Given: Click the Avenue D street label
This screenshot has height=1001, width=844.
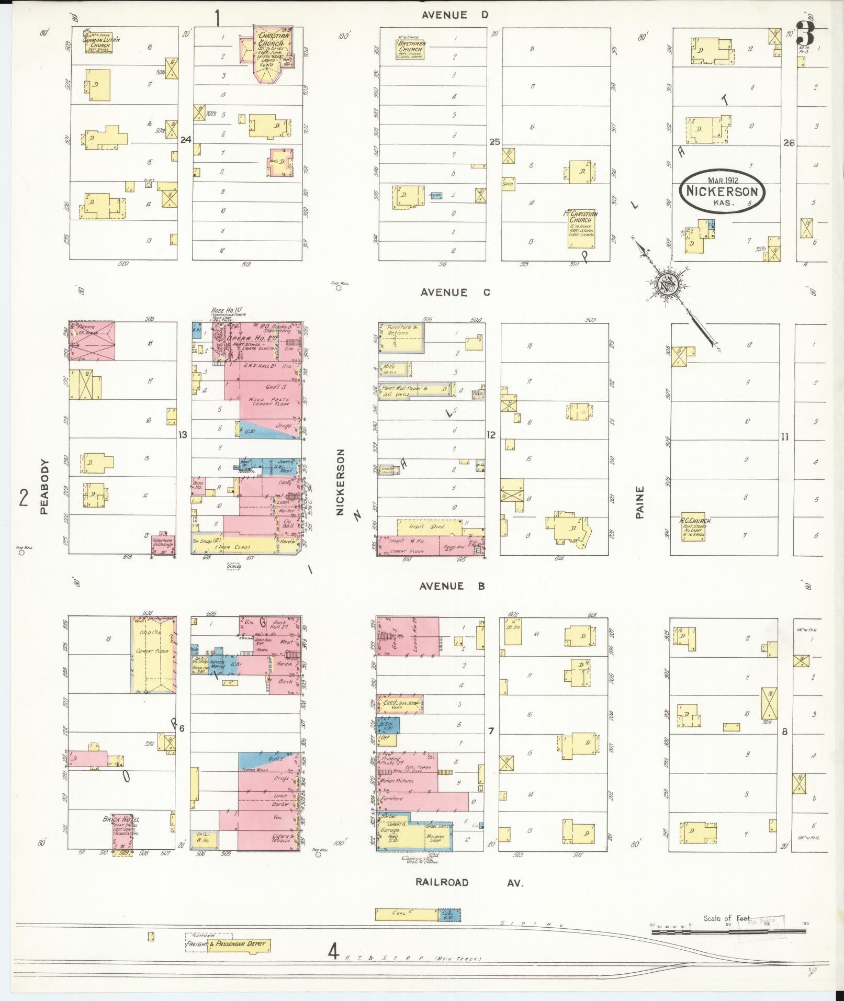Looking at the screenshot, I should tap(455, 15).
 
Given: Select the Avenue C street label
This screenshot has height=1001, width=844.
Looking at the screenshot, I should tap(455, 293).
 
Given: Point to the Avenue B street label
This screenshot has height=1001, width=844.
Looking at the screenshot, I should tap(452, 586).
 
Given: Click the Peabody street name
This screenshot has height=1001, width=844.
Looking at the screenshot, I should tap(44, 486).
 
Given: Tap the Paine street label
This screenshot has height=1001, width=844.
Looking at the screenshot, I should tap(639, 502).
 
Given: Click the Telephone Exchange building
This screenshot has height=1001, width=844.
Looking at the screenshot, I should tap(162, 543).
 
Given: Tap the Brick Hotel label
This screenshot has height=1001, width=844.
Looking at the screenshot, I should tap(121, 819).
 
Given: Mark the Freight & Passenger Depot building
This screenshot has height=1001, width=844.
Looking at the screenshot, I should tap(239, 944).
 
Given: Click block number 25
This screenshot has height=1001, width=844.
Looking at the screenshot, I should tap(494, 142).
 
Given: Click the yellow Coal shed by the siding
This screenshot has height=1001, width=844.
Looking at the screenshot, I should tap(407, 914).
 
